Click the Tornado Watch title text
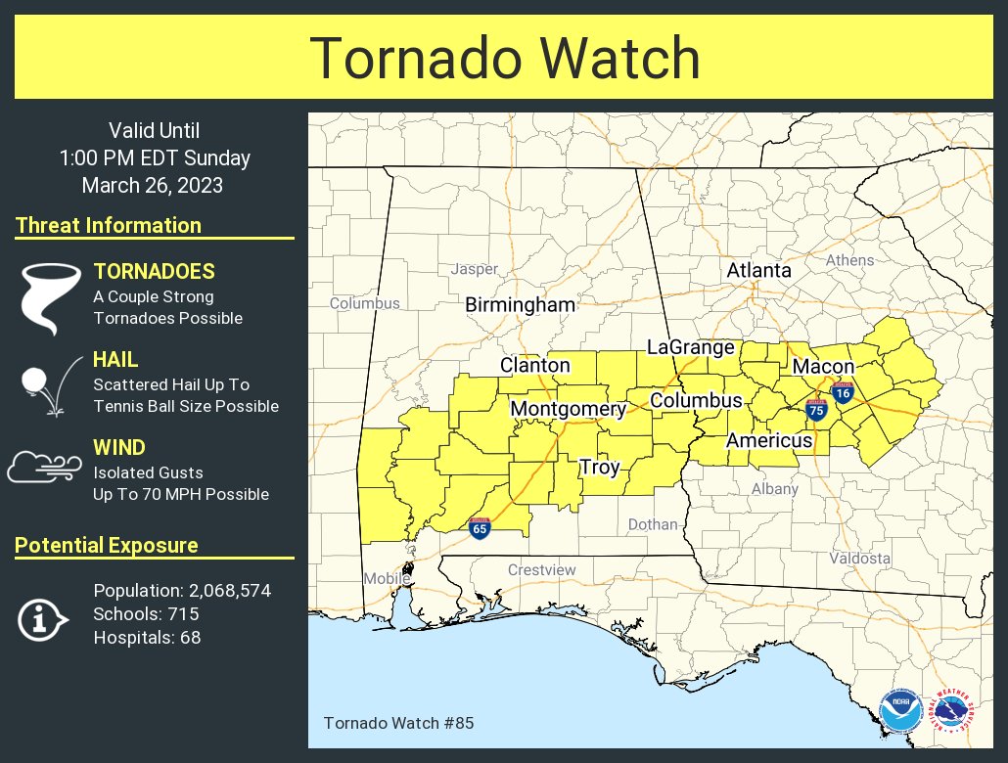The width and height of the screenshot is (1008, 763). [505, 59]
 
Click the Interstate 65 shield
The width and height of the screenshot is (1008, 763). [480, 529]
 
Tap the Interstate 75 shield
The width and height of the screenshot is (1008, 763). [816, 411]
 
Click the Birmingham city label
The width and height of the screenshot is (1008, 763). [520, 305]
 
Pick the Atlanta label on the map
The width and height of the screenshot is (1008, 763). [758, 270]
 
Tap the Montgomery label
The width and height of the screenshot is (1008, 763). [568, 409]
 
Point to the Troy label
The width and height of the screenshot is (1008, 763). [599, 468]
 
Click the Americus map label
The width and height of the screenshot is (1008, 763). [769, 440]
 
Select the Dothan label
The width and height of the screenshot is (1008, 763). [653, 524]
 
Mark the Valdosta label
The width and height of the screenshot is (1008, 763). [859, 559]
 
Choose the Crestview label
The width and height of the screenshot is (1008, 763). [541, 570]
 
